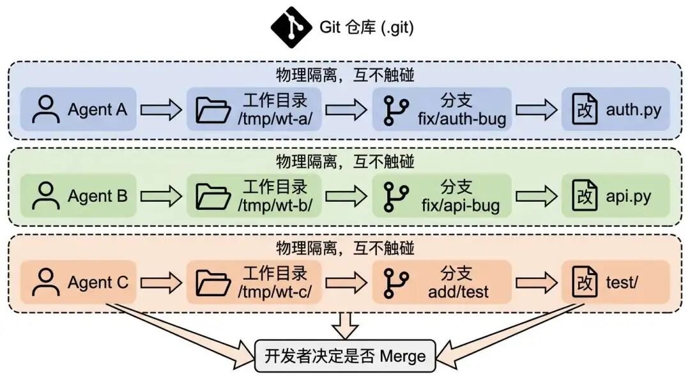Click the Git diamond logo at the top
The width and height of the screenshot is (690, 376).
[x=291, y=27]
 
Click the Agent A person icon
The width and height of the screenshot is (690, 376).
[x=46, y=109]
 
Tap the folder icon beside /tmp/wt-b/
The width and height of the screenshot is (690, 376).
[x=213, y=196]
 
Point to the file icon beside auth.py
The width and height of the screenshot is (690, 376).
[x=585, y=109]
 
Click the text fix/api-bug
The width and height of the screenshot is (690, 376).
[x=461, y=206]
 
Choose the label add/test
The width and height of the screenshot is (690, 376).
[x=459, y=292]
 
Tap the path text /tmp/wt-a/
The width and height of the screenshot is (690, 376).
[x=275, y=119]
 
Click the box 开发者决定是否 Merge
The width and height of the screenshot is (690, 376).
[x=346, y=356]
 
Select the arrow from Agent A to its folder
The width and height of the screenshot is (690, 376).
[x=161, y=110]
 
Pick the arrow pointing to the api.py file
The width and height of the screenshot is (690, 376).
[x=537, y=196]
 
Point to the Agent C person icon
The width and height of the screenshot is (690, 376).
[x=46, y=282]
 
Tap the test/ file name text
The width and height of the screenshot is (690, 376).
[x=622, y=283]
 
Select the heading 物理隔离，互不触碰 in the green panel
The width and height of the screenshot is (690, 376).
[x=346, y=162]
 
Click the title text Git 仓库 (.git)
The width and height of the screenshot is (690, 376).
[x=367, y=27]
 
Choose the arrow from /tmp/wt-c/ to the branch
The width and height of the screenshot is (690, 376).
[x=346, y=282]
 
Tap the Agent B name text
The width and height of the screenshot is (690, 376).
[x=98, y=196]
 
